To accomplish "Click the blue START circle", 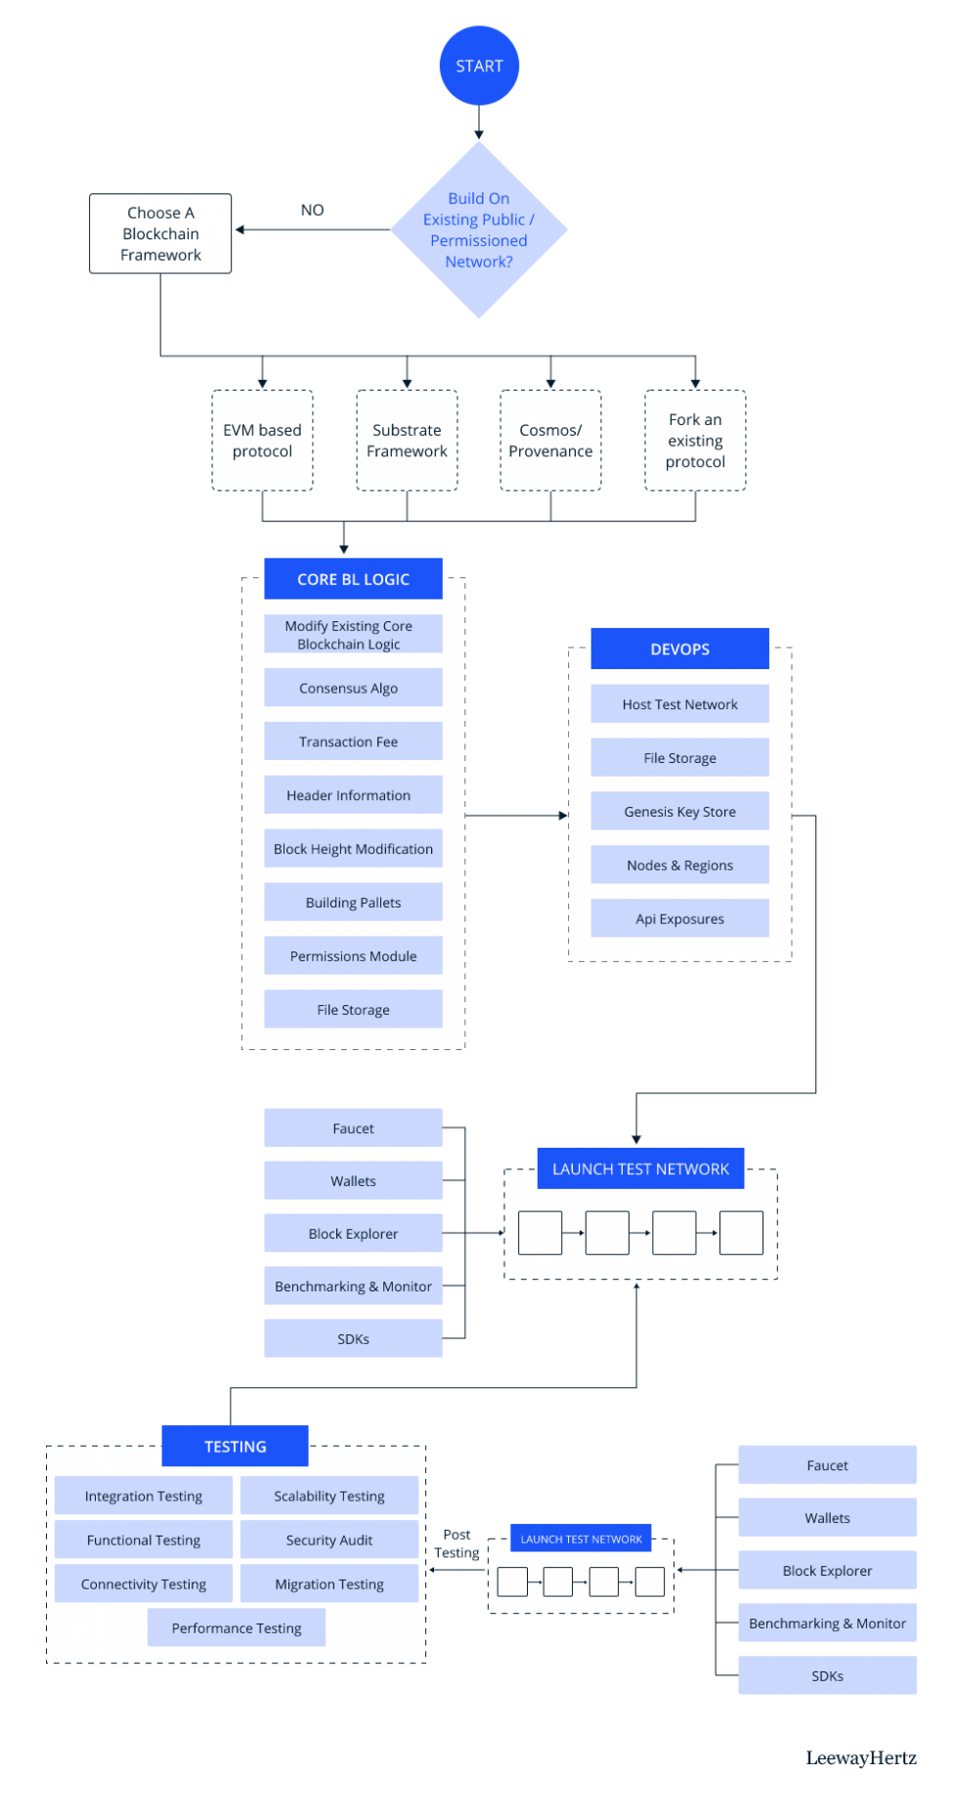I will tap(479, 66).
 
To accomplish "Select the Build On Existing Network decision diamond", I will tap(479, 230).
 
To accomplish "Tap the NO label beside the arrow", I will tap(312, 210).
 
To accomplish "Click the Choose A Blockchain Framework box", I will tap(160, 233).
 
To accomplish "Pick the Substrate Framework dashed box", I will tap(407, 441).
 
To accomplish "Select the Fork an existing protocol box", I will tap(695, 441).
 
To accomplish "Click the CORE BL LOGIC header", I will tap(353, 579).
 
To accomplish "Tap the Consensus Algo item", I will tap(349, 688).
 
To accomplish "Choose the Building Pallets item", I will tap(353, 903).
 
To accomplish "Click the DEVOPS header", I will tap(679, 649).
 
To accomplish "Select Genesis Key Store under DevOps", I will tap(679, 812).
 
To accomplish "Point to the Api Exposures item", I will tap(679, 919).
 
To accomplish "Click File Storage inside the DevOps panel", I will tap(679, 758).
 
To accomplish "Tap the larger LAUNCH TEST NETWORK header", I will tap(640, 1169).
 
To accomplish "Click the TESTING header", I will tap(235, 1447).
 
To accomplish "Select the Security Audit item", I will tap(329, 1540).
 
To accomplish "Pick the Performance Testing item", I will tap(237, 1628).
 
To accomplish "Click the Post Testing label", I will tap(457, 1544).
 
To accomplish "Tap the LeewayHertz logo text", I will tap(861, 1759).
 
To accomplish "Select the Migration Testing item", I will tap(329, 1584).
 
